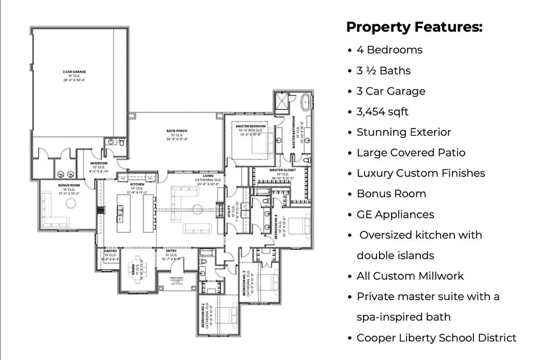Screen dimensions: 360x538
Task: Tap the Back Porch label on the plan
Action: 177,130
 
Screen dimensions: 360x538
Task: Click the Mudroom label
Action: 99,163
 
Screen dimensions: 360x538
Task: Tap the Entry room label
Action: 171,251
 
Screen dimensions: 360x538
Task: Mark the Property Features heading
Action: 414,28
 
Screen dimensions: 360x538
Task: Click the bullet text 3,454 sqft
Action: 383,111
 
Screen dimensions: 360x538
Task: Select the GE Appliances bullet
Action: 395,214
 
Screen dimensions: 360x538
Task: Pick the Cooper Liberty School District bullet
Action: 436,338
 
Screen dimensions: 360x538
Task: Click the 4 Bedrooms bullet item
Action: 389,50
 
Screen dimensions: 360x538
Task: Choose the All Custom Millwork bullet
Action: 410,276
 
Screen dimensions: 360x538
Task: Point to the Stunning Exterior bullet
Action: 403,132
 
